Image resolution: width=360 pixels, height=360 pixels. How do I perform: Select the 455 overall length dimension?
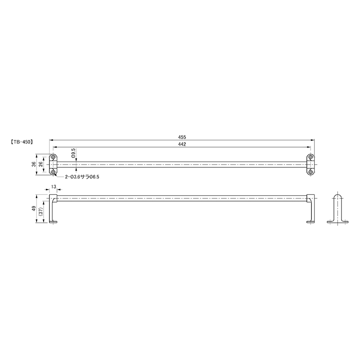[182, 137]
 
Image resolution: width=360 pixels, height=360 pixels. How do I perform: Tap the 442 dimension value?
[182, 144]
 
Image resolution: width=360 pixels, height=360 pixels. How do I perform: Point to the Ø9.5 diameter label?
[73, 153]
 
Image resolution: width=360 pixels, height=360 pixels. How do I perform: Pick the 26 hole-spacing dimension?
[40, 164]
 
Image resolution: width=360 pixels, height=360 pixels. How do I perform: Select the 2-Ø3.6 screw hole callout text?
[82, 177]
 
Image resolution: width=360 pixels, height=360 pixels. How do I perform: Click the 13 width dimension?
[54, 187]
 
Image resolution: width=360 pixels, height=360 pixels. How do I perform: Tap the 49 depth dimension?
[34, 208]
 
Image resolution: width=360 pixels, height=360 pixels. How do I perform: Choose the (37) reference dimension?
[40, 211]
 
